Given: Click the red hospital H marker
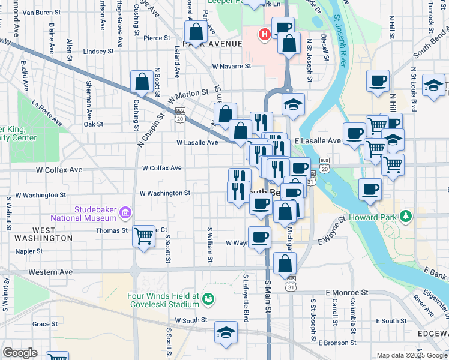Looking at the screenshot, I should pyautogui.click(x=263, y=35).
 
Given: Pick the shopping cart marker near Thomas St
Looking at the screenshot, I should pyautogui.click(x=143, y=236).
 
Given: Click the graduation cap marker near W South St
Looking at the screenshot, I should pyautogui.click(x=226, y=332).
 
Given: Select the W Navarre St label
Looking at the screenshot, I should pyautogui.click(x=231, y=67).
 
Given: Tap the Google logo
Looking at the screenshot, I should pyautogui.click(x=20, y=353).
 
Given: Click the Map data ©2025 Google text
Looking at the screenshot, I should pyautogui.click(x=411, y=355).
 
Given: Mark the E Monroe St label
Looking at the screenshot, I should pyautogui.click(x=346, y=292).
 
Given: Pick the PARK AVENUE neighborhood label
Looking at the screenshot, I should pyautogui.click(x=212, y=44).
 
